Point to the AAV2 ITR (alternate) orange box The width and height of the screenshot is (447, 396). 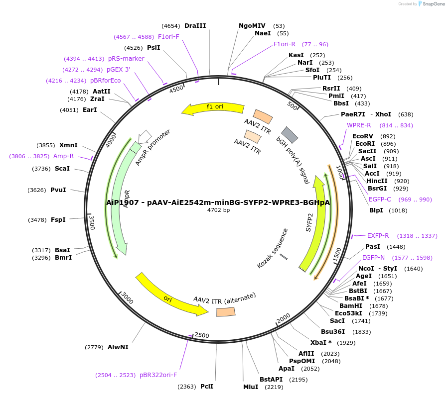pyautogui.click(x=226, y=312)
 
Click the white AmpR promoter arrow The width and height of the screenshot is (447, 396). pyautogui.click(x=145, y=136)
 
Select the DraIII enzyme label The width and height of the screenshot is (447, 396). pyautogui.click(x=195, y=26)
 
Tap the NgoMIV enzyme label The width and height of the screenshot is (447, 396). pyautogui.click(x=252, y=26)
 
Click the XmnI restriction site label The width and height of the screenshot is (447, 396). pyautogui.click(x=68, y=145)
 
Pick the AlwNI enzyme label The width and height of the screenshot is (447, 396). pyautogui.click(x=118, y=347)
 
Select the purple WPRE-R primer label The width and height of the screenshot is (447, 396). pyautogui.click(x=359, y=125)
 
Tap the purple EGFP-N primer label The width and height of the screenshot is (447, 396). pyautogui.click(x=373, y=258)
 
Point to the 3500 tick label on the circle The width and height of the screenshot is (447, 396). pyautogui.click(x=91, y=222)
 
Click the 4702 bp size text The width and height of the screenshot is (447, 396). pyautogui.click(x=218, y=210)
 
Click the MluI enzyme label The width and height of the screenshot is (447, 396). pyautogui.click(x=251, y=387)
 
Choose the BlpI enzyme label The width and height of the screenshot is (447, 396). pyautogui.click(x=376, y=210)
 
